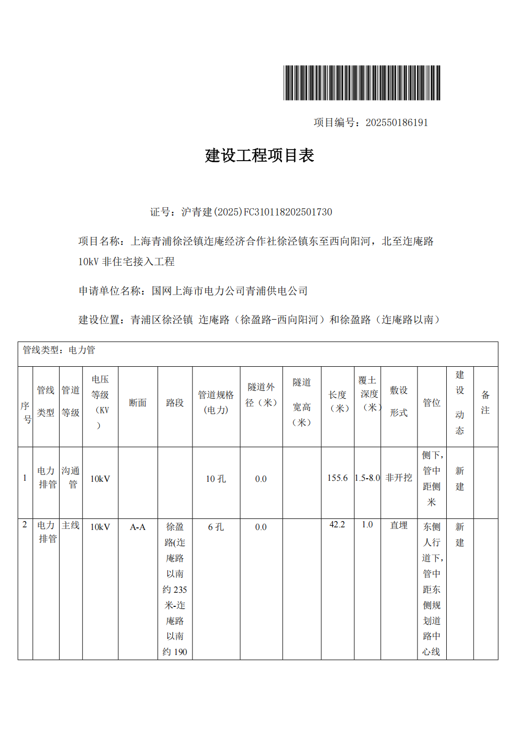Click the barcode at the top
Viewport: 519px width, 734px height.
pos(362,83)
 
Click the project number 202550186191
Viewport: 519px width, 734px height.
pos(397,122)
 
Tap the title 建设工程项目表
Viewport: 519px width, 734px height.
pos(259,155)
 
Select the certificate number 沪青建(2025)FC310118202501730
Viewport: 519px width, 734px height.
pos(256,212)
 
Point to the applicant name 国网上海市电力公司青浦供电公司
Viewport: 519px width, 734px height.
pos(230,291)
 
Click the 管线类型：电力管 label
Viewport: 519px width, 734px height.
pos(59,350)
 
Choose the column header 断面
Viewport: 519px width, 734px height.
pos(138,403)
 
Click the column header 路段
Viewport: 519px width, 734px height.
pos(175,403)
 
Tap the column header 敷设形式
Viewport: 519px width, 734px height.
pos(399,401)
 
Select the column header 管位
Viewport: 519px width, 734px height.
pos(432,403)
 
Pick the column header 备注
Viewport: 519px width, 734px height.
pos(486,403)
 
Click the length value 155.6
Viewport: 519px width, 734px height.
pos(337,478)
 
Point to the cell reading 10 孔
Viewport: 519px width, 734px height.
pos(216,479)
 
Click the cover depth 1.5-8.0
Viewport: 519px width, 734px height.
pos(367,478)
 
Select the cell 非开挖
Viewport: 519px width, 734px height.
pos(399,478)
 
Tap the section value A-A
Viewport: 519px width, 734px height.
pos(138,527)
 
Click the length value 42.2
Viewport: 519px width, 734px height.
pos(337,524)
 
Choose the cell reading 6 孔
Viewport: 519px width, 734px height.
pos(216,527)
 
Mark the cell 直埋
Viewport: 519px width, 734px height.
pos(399,525)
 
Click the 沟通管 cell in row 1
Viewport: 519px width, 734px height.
pos(71,478)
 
